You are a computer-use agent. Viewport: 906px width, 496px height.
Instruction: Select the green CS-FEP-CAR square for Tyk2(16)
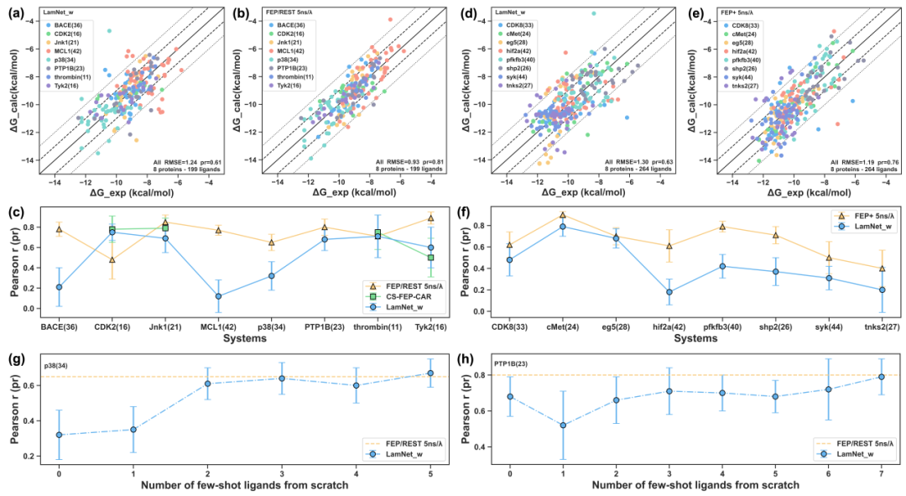(x=430, y=258)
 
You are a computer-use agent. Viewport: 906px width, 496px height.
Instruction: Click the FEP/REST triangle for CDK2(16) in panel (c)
(x=112, y=259)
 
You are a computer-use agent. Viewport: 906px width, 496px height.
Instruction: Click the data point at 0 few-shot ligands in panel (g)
(x=59, y=435)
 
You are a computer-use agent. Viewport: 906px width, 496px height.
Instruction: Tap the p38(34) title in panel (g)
(x=58, y=365)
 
